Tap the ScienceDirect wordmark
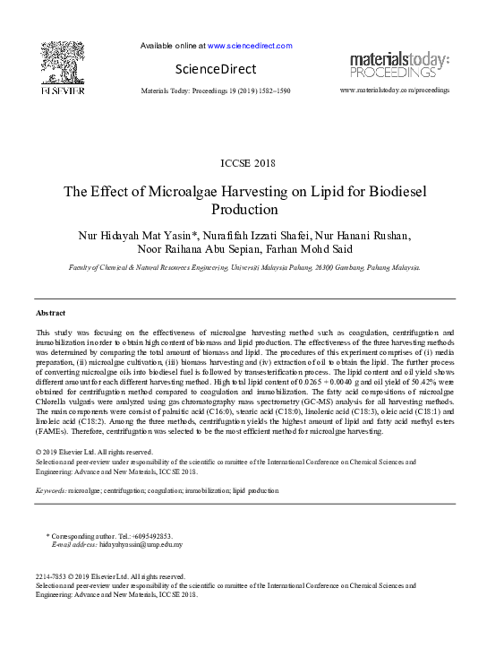[x=215, y=69]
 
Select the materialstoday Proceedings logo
[x=398, y=65]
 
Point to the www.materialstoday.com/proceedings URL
[x=396, y=91]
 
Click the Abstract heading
[x=50, y=313]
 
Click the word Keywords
[x=50, y=490]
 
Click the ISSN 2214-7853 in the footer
[x=51, y=576]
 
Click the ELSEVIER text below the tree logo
[x=61, y=91]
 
